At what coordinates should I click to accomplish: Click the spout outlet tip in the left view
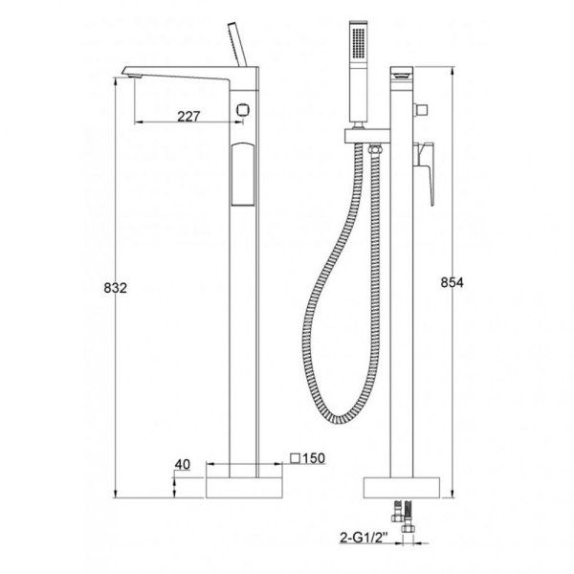pos(131,69)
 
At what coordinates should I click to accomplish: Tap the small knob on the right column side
pos(418,111)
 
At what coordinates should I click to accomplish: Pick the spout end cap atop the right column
pos(404,73)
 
